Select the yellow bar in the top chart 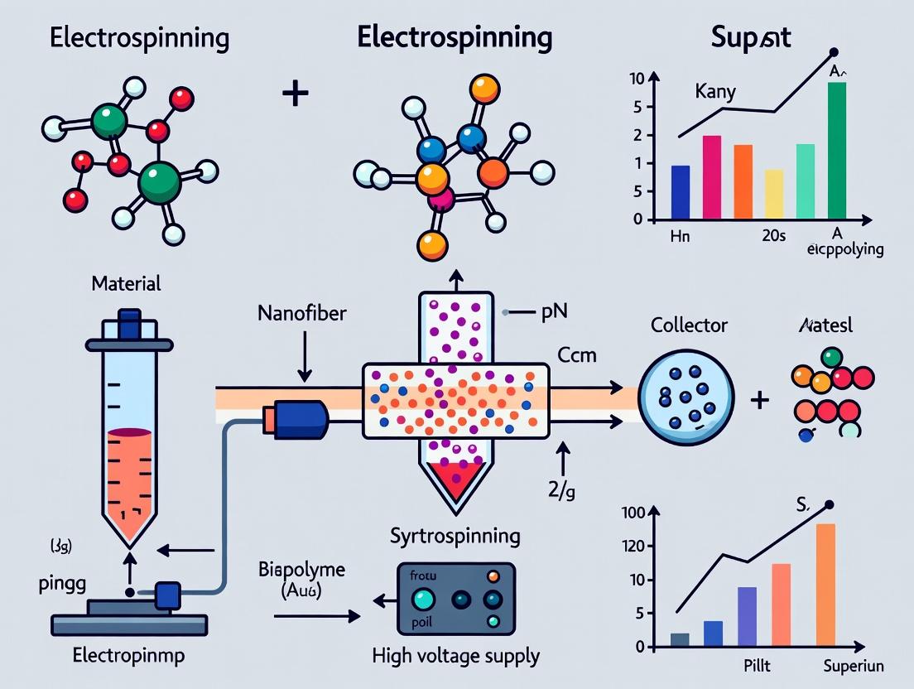click(x=773, y=195)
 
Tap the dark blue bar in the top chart click(x=680, y=192)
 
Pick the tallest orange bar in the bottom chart click(x=825, y=585)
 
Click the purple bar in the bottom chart click(x=747, y=616)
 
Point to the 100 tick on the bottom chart click(x=633, y=513)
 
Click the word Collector click(x=689, y=325)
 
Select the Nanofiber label click(x=302, y=315)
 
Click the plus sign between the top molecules click(x=295, y=93)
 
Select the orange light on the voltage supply click(x=494, y=576)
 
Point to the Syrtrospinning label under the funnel click(x=455, y=535)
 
